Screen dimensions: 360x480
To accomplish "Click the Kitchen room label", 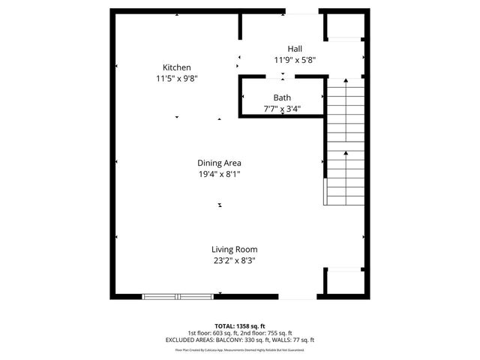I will pyautogui.click(x=177, y=67).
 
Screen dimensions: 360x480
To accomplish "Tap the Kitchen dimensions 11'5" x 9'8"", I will pyautogui.click(x=177, y=77).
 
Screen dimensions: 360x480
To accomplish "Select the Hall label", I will pyautogui.click(x=284, y=48).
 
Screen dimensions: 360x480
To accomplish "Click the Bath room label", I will pyautogui.click(x=282, y=97).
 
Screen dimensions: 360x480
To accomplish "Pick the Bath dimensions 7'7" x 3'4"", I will pyautogui.click(x=282, y=108).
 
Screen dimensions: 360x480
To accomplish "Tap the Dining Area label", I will pyautogui.click(x=219, y=163).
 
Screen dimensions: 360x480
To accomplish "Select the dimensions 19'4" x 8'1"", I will pyautogui.click(x=219, y=174).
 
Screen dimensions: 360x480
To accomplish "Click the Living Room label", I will pyautogui.click(x=234, y=250).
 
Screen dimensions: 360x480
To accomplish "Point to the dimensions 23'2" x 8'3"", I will pyautogui.click(x=234, y=261).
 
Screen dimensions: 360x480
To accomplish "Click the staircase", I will pyautogui.click(x=344, y=142).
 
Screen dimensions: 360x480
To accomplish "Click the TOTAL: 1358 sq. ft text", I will pyautogui.click(x=239, y=326).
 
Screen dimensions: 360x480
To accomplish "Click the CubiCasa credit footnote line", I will pyautogui.click(x=239, y=349).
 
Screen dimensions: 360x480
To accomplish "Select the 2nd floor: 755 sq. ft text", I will pyautogui.click(x=267, y=333).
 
